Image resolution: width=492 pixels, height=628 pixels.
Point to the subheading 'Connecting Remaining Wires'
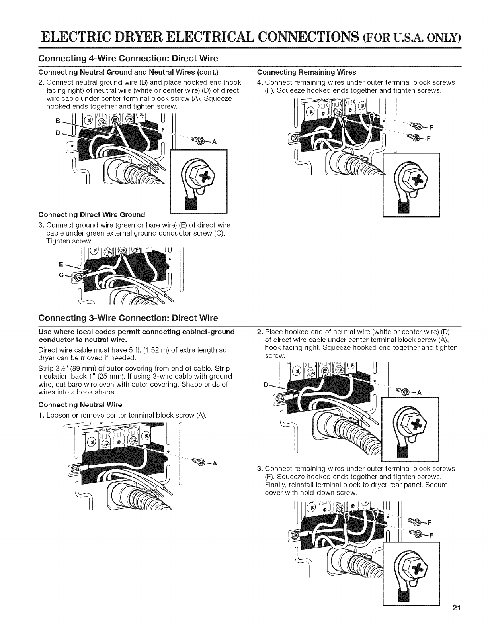(x=307, y=72)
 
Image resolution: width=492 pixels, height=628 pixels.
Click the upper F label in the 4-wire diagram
(x=431, y=128)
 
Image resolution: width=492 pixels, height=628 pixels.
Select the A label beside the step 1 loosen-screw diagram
(x=215, y=463)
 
